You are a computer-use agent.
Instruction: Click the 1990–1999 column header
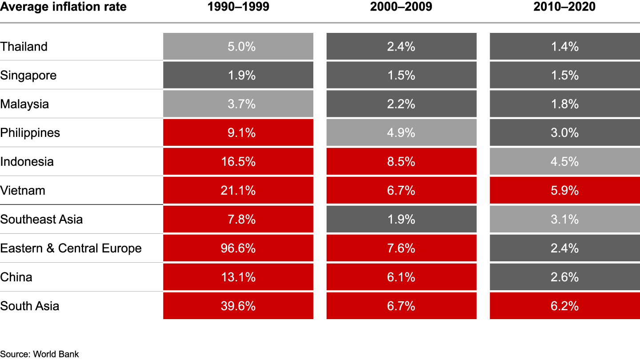pos(238,7)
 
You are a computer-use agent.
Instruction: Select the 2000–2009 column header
pos(401,7)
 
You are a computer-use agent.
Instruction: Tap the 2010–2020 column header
pos(564,7)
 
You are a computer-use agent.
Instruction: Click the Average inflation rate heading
pos(63,7)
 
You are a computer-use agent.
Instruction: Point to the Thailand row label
pos(24,47)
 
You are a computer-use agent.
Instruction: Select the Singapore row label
pos(28,75)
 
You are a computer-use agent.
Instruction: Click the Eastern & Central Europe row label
pos(71,248)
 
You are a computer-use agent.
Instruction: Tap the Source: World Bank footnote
pos(40,354)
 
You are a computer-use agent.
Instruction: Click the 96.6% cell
pos(238,248)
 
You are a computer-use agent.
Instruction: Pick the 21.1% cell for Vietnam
pos(238,191)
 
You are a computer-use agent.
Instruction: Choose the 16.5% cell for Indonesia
pos(238,162)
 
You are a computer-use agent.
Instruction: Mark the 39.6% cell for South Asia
pos(238,306)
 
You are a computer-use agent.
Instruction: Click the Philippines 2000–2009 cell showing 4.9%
pos(401,133)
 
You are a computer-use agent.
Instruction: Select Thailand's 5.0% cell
pos(238,47)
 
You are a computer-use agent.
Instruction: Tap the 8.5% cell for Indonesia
pos(401,162)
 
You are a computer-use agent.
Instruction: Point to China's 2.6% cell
pos(565,277)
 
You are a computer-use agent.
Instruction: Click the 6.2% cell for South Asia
pos(565,306)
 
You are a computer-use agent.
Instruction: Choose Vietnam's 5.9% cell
pos(565,191)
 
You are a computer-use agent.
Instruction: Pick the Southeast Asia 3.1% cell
pos(565,220)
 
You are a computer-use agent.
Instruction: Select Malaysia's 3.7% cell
pos(238,104)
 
